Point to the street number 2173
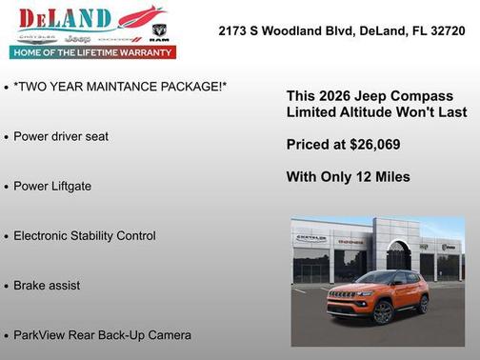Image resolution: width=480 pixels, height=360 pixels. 235,30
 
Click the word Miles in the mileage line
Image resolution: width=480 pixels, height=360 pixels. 390,176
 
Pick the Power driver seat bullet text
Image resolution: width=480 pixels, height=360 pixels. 61,136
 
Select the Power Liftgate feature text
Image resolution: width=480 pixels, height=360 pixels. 52,186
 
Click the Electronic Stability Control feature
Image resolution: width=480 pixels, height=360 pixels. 85,235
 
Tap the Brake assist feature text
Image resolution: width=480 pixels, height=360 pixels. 47,285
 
